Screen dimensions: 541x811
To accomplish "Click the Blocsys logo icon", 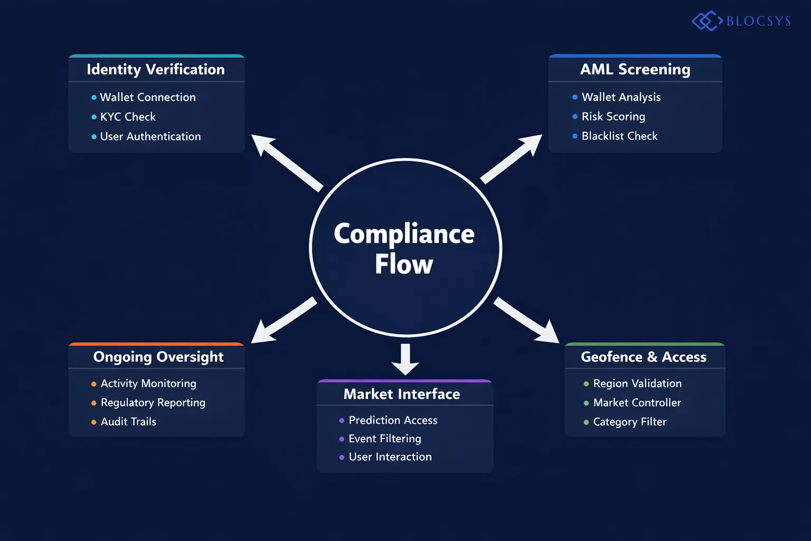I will coord(706,21).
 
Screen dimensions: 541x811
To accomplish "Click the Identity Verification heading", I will coord(156,70).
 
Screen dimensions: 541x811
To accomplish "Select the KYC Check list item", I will coord(128,117).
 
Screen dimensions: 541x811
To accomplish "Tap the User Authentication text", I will coord(150,136).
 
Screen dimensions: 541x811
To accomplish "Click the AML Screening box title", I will coord(635,70).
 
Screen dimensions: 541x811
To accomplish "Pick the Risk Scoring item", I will coord(613,116).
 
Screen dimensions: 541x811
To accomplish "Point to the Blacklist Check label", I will coord(619,136).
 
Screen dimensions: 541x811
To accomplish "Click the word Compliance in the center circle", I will coord(404,234).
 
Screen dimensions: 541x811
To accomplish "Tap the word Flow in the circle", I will coord(404,264).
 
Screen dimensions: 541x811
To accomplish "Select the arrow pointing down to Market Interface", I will coord(405,359).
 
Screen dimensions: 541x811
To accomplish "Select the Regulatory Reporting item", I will coord(153,403).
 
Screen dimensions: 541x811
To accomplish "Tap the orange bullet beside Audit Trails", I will coord(94,422).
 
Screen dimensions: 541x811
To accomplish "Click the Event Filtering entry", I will coord(385,439).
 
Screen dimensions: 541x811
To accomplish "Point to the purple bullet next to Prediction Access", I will coord(342,421).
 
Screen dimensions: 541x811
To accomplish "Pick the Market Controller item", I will coord(637,403).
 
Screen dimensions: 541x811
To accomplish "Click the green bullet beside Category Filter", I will coord(586,422).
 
